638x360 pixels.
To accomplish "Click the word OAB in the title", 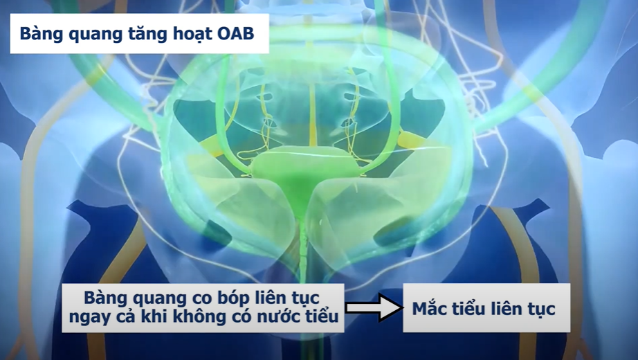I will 234,34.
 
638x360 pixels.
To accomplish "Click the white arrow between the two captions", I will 374,308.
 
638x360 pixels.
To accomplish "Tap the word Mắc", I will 430,309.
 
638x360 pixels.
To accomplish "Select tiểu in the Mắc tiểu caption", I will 471,309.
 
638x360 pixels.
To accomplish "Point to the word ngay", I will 89,318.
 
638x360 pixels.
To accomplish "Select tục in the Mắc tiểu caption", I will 540,309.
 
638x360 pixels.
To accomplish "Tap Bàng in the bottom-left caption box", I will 105,298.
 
